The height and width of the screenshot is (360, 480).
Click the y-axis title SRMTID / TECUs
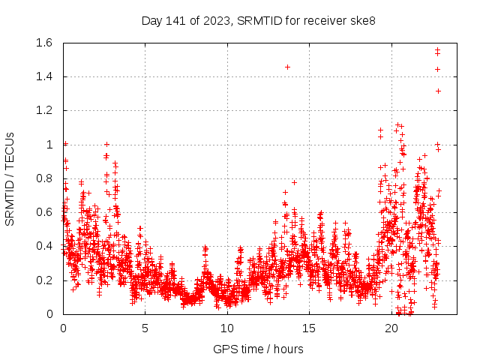(x=10, y=178)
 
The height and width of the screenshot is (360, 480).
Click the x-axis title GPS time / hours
(x=258, y=349)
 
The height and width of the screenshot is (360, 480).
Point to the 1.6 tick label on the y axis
(x=42, y=43)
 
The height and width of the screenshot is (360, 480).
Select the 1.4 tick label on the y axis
(x=42, y=76)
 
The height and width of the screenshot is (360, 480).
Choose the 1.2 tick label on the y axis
(x=42, y=110)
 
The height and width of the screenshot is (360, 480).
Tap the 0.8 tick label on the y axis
(x=42, y=178)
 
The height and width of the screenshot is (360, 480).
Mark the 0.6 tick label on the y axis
(x=42, y=212)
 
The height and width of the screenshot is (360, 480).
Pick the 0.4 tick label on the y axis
(x=42, y=246)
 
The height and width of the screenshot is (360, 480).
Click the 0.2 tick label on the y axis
(x=42, y=280)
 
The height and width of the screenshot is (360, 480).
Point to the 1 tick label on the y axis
(x=49, y=145)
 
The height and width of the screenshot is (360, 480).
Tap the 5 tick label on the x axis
(x=145, y=328)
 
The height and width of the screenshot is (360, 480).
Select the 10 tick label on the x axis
(x=227, y=328)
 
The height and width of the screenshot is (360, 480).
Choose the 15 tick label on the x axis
(x=309, y=328)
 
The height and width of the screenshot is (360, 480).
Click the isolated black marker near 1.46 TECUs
(x=287, y=67)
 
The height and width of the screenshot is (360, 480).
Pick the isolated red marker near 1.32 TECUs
(x=438, y=91)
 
